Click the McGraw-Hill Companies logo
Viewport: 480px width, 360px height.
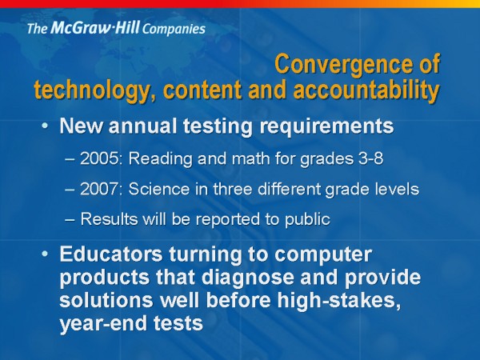click(116, 29)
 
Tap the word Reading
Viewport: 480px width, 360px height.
click(161, 159)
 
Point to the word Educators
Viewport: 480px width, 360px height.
click(111, 254)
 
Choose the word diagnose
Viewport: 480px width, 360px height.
click(248, 278)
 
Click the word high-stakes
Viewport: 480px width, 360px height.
click(339, 300)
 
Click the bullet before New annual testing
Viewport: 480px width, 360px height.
click(45, 126)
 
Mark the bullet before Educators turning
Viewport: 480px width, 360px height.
click(45, 254)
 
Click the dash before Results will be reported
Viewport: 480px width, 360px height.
click(70, 220)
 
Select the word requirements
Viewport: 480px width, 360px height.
click(326, 126)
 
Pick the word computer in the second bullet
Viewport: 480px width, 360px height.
click(323, 254)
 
